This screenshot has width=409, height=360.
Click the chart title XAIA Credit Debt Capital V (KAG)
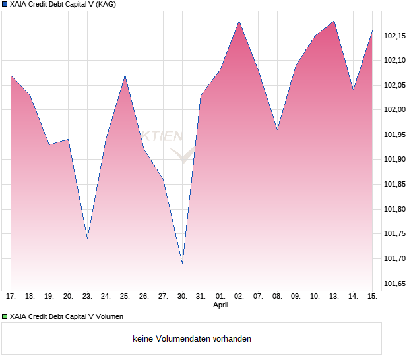[x=59, y=5]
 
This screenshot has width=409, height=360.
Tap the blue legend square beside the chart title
[x=5, y=5]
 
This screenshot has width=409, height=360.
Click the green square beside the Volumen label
[x=5, y=317]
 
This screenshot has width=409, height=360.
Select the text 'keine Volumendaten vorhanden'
[x=192, y=339]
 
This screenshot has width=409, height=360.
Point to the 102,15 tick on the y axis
[x=396, y=36]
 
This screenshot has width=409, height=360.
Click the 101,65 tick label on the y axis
[x=396, y=284]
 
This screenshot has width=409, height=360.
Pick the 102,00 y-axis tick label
[x=396, y=110]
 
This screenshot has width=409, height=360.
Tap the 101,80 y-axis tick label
[x=396, y=209]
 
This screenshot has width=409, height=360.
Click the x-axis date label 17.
[x=11, y=297]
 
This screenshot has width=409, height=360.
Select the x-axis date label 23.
[x=87, y=297]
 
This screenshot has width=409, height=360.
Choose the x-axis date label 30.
[x=182, y=297]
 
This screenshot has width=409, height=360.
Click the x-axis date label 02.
[x=239, y=297]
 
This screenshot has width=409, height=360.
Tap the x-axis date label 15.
[x=372, y=297]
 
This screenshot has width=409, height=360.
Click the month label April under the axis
[x=220, y=305]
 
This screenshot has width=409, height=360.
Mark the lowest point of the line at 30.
[x=182, y=264]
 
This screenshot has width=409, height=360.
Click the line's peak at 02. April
[x=239, y=21]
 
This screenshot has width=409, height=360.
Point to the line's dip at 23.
[x=87, y=239]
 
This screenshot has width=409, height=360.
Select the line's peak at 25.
[x=125, y=76]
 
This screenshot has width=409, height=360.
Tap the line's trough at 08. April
[x=277, y=130]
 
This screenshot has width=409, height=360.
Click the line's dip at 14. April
[x=353, y=90]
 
